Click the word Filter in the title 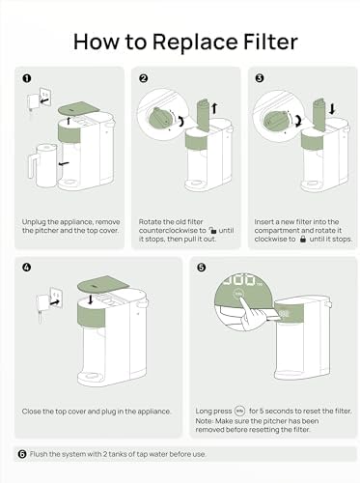click(x=270, y=42)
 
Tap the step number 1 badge click(x=27, y=78)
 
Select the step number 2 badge click(x=143, y=78)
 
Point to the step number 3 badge click(x=260, y=78)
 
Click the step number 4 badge click(x=27, y=267)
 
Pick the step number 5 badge click(x=201, y=267)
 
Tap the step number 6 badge click(x=22, y=454)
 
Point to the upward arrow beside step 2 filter click(x=214, y=108)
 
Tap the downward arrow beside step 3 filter click(x=332, y=108)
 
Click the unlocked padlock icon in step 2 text click(x=212, y=230)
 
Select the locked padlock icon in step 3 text click(x=302, y=239)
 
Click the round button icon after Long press click(x=240, y=411)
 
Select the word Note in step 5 click(x=205, y=421)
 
